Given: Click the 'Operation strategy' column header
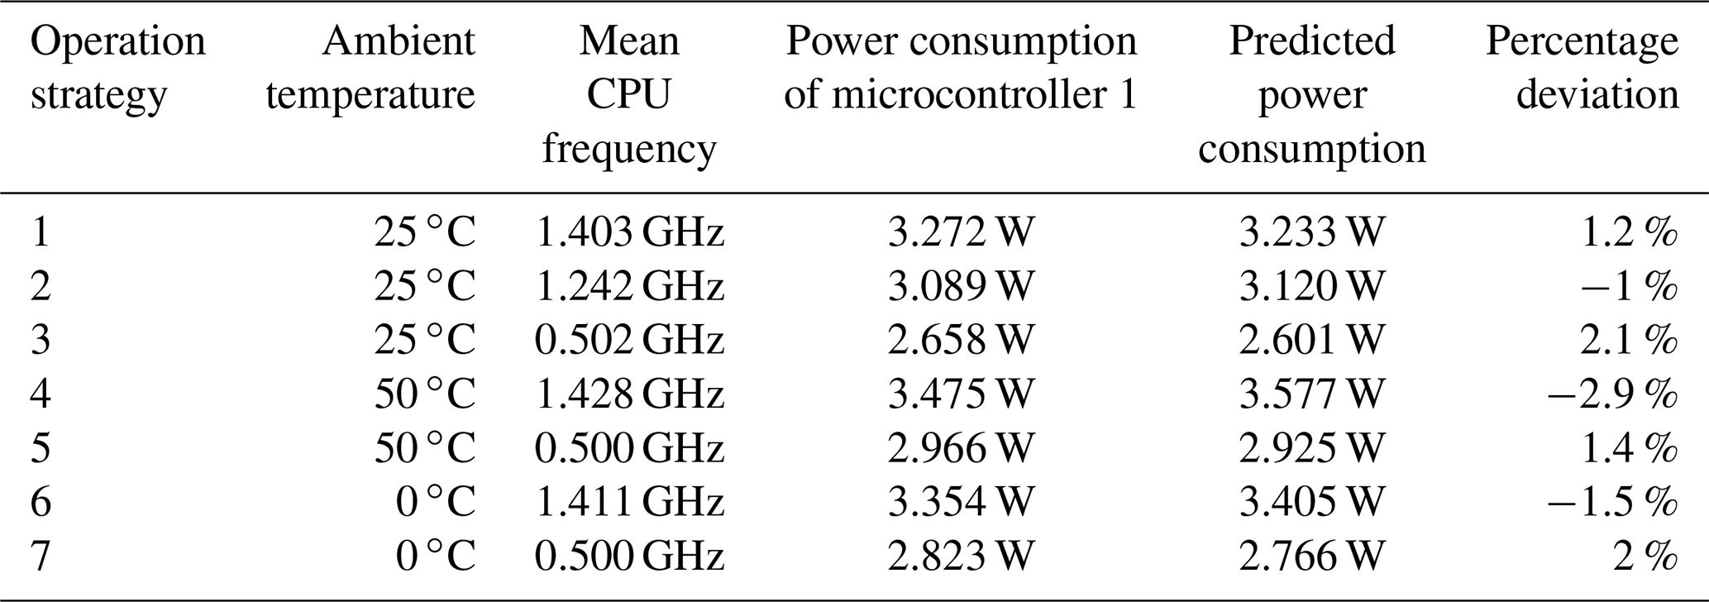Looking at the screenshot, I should pyautogui.click(x=117, y=68).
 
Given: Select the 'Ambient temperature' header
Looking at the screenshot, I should pyautogui.click(x=370, y=68).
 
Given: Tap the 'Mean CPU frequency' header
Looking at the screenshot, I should pyautogui.click(x=629, y=95).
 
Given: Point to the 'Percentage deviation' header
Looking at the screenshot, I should pyautogui.click(x=1582, y=68).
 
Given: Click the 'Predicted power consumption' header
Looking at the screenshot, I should pyautogui.click(x=1312, y=95).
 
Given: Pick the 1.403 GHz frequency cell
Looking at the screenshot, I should pyautogui.click(x=629, y=232).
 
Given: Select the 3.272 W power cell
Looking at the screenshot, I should pyautogui.click(x=961, y=232).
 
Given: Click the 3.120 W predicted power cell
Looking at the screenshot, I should pyautogui.click(x=1311, y=286).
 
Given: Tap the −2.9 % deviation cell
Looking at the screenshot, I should pyautogui.click(x=1611, y=394).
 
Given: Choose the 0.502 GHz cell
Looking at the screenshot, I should pyautogui.click(x=629, y=340).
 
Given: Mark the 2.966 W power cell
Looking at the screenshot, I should pyautogui.click(x=961, y=447).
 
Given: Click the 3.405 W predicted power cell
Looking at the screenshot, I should pyautogui.click(x=1311, y=501).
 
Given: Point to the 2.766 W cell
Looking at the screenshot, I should pyautogui.click(x=1311, y=555).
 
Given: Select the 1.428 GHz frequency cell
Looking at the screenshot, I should pyautogui.click(x=629, y=394).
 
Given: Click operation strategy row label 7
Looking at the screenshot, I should pyautogui.click(x=41, y=555).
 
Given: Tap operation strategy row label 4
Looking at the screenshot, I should pyautogui.click(x=41, y=394).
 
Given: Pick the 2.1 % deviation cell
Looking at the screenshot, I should pyautogui.click(x=1628, y=340).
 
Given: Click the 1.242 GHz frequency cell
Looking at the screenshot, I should pyautogui.click(x=629, y=286).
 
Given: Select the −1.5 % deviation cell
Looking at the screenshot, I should pyautogui.click(x=1611, y=501).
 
